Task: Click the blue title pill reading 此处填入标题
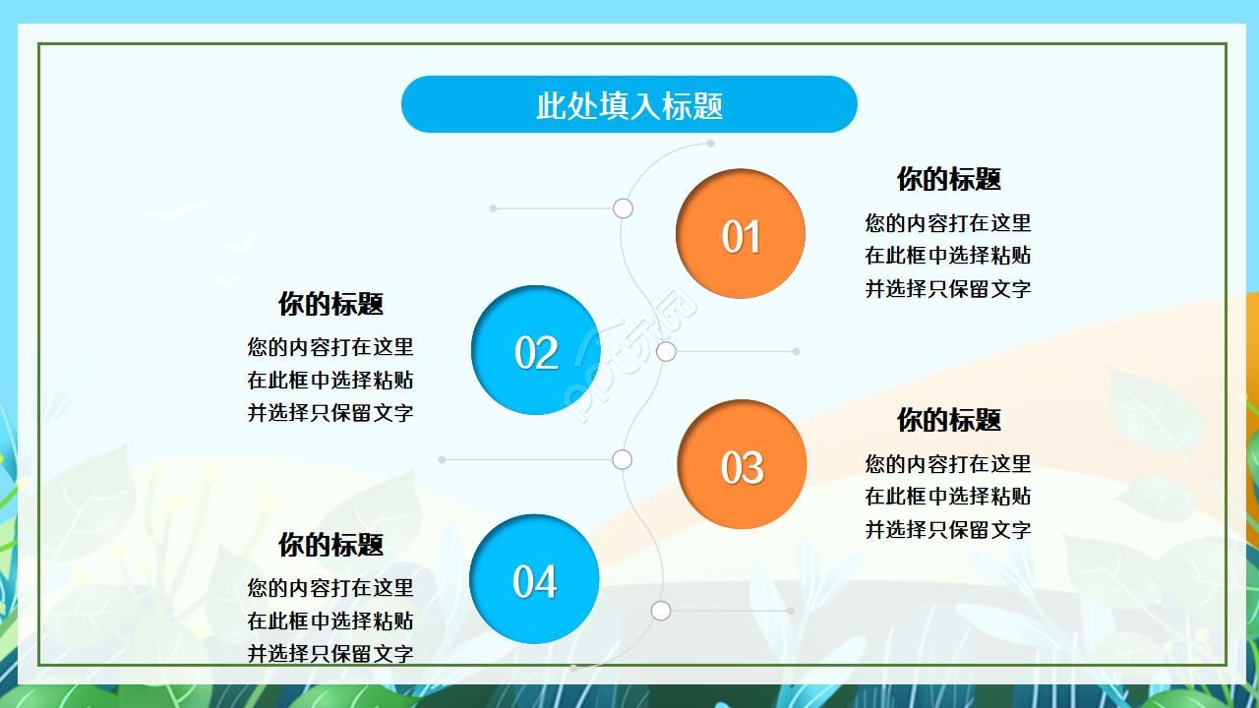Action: click(629, 104)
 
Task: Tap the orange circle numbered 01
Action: click(740, 234)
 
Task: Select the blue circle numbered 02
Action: click(535, 350)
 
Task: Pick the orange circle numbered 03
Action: click(741, 464)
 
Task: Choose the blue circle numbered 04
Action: click(534, 579)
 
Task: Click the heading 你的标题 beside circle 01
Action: click(948, 179)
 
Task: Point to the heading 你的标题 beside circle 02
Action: click(330, 304)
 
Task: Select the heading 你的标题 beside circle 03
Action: click(948, 420)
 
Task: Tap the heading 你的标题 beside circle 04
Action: click(330, 545)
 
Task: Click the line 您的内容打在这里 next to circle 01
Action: click(948, 223)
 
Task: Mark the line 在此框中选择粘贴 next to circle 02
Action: click(330, 380)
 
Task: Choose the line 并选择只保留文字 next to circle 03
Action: click(948, 530)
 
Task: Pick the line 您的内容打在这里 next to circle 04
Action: click(330, 588)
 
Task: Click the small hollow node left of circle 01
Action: click(623, 208)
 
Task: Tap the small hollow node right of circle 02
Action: click(666, 351)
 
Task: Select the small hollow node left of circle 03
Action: click(622, 459)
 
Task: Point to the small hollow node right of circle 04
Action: click(661, 611)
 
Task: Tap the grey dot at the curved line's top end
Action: click(710, 144)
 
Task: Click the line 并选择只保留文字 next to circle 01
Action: click(948, 289)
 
